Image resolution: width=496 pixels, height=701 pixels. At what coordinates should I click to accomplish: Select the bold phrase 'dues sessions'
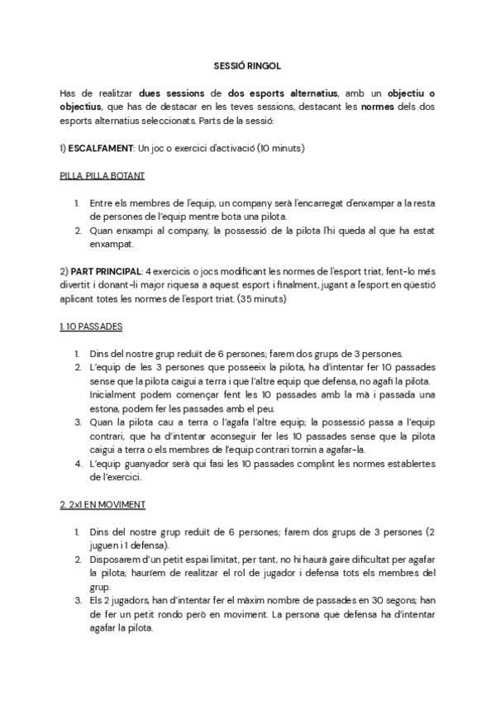[x=172, y=94]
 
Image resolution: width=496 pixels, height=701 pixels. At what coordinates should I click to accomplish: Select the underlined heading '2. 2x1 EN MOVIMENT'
[x=103, y=503]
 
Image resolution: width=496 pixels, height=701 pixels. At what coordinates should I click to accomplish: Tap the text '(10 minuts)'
[x=280, y=149]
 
